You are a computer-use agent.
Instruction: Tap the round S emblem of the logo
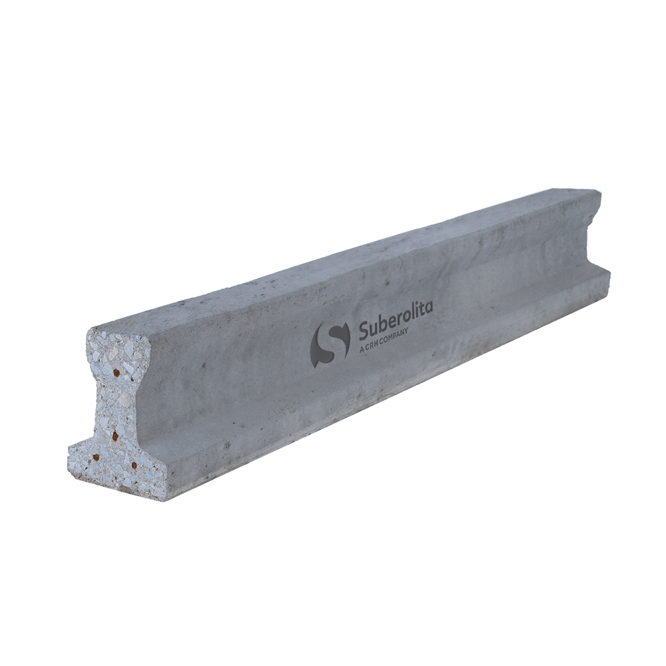coord(331,344)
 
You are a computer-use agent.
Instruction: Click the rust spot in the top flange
coord(116,374)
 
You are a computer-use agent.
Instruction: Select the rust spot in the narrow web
coord(115,436)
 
